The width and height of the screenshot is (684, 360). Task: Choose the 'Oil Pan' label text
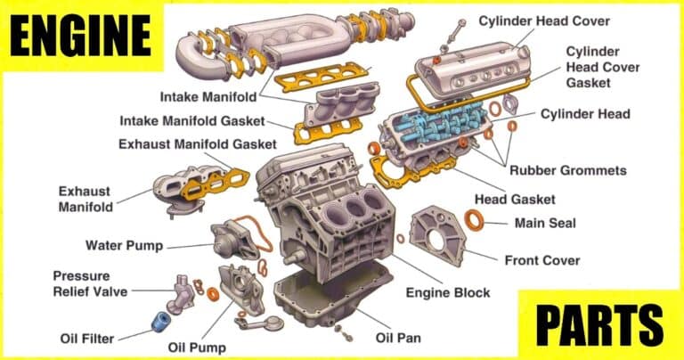[398, 338]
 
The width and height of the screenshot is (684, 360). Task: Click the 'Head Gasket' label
[515, 200]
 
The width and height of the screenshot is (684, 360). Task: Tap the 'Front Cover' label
[542, 260]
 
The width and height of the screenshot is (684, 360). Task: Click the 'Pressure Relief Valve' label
[90, 283]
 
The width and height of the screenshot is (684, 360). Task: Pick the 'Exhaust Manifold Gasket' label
[197, 143]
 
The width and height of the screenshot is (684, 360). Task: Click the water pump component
[234, 238]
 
